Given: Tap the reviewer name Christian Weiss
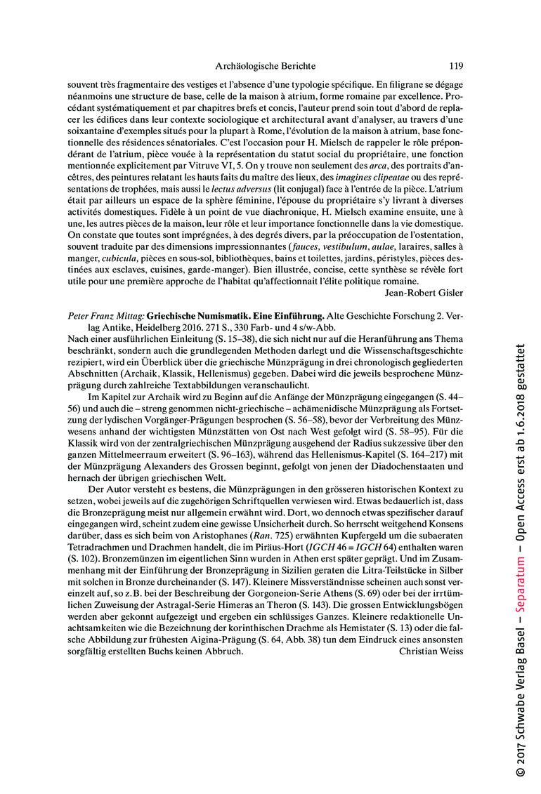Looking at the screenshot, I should pyautogui.click(x=430, y=651).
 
